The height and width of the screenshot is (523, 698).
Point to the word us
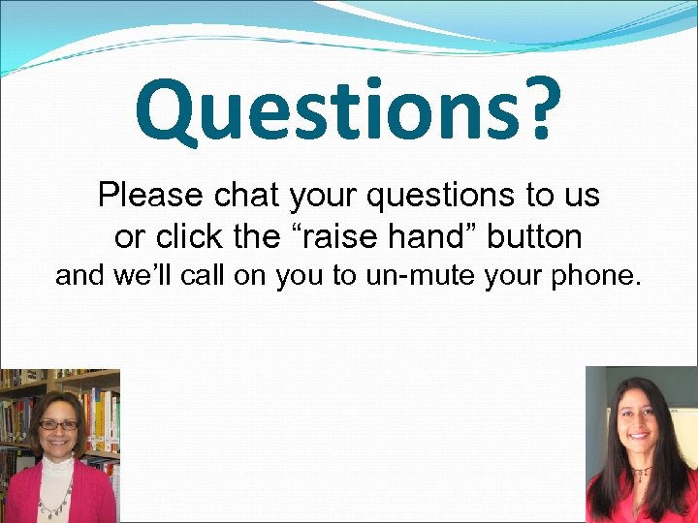tap(581, 196)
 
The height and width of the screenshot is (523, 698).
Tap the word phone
tap(594, 276)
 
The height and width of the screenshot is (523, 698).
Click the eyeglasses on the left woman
tap(57, 425)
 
